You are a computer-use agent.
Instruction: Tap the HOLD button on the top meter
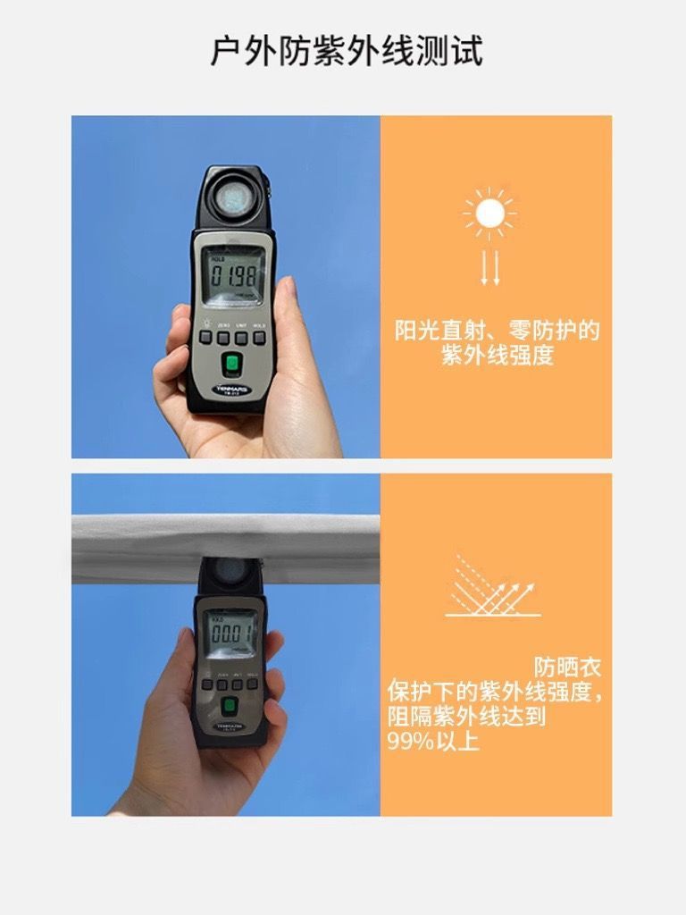point(259,338)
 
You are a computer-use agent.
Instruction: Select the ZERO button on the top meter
point(223,338)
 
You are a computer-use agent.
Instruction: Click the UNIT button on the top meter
point(241,338)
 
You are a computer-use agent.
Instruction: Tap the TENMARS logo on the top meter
point(231,389)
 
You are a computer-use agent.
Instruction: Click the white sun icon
point(489,214)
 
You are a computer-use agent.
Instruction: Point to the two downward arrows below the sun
point(489,267)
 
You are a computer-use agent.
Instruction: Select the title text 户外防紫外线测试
point(346,51)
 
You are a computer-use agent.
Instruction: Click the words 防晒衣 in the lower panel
point(567,667)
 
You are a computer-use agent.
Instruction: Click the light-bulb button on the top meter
point(205,338)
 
